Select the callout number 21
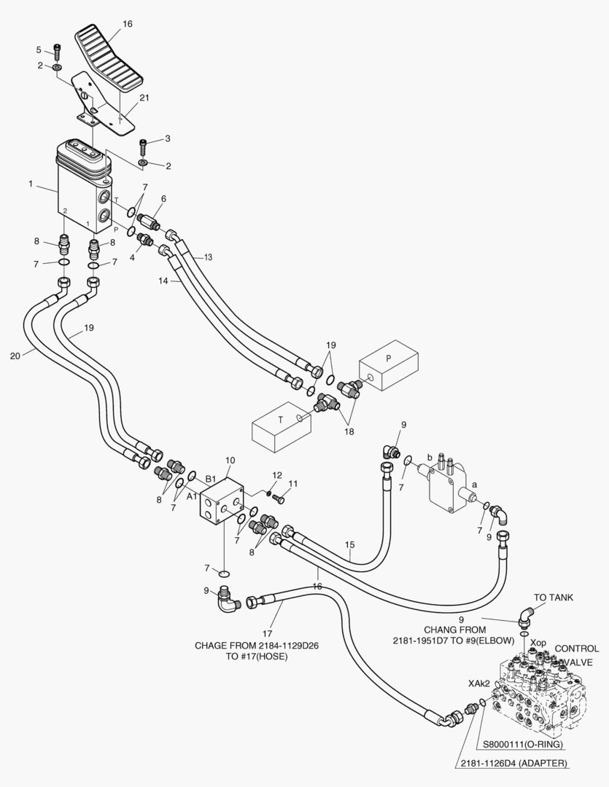click(144, 98)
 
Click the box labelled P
click(389, 365)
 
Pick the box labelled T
click(281, 426)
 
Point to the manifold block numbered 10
click(222, 500)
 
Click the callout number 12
click(277, 475)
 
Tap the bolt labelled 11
click(278, 498)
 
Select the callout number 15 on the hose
click(350, 544)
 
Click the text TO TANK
click(554, 598)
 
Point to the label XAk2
click(479, 684)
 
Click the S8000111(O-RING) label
click(523, 744)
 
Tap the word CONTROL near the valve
click(577, 649)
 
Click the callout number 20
click(15, 356)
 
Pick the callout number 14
click(163, 281)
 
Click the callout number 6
click(163, 199)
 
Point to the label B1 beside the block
click(211, 478)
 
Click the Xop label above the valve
click(538, 643)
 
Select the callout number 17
click(268, 634)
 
